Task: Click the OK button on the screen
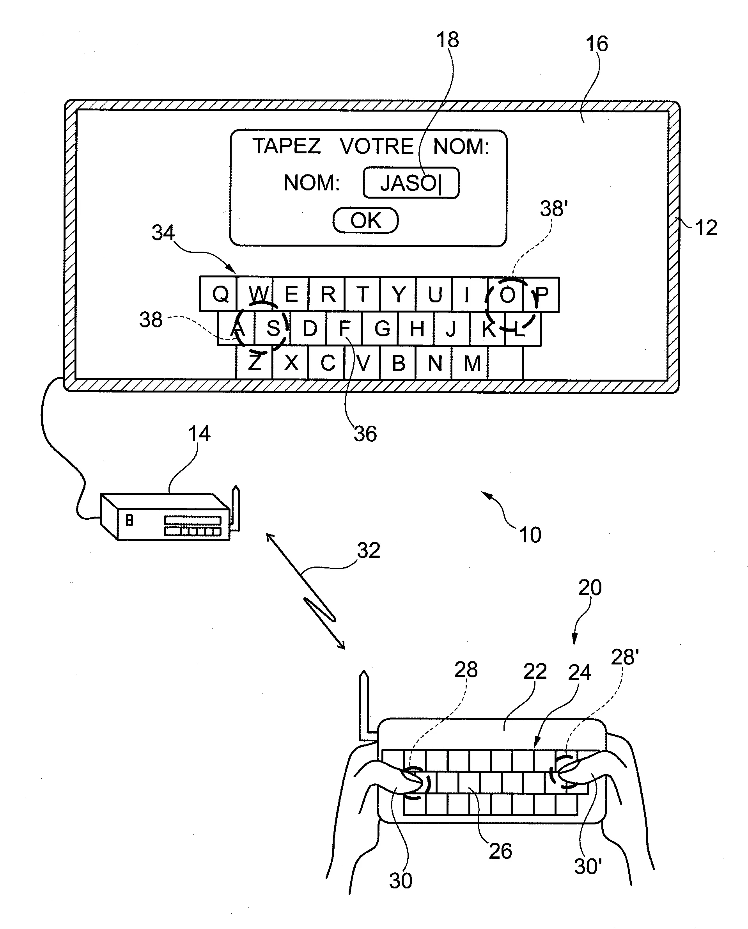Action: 365,220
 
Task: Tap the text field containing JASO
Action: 411,183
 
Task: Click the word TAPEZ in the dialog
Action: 287,146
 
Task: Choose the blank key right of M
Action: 505,363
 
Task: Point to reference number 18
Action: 447,40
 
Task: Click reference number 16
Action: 596,44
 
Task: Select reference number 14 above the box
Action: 199,433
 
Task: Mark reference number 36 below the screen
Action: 365,434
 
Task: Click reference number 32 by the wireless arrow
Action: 369,551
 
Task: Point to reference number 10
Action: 530,535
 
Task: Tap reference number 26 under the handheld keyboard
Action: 500,851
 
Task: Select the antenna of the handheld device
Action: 365,703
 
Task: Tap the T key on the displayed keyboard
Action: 362,295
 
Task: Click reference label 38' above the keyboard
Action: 553,209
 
